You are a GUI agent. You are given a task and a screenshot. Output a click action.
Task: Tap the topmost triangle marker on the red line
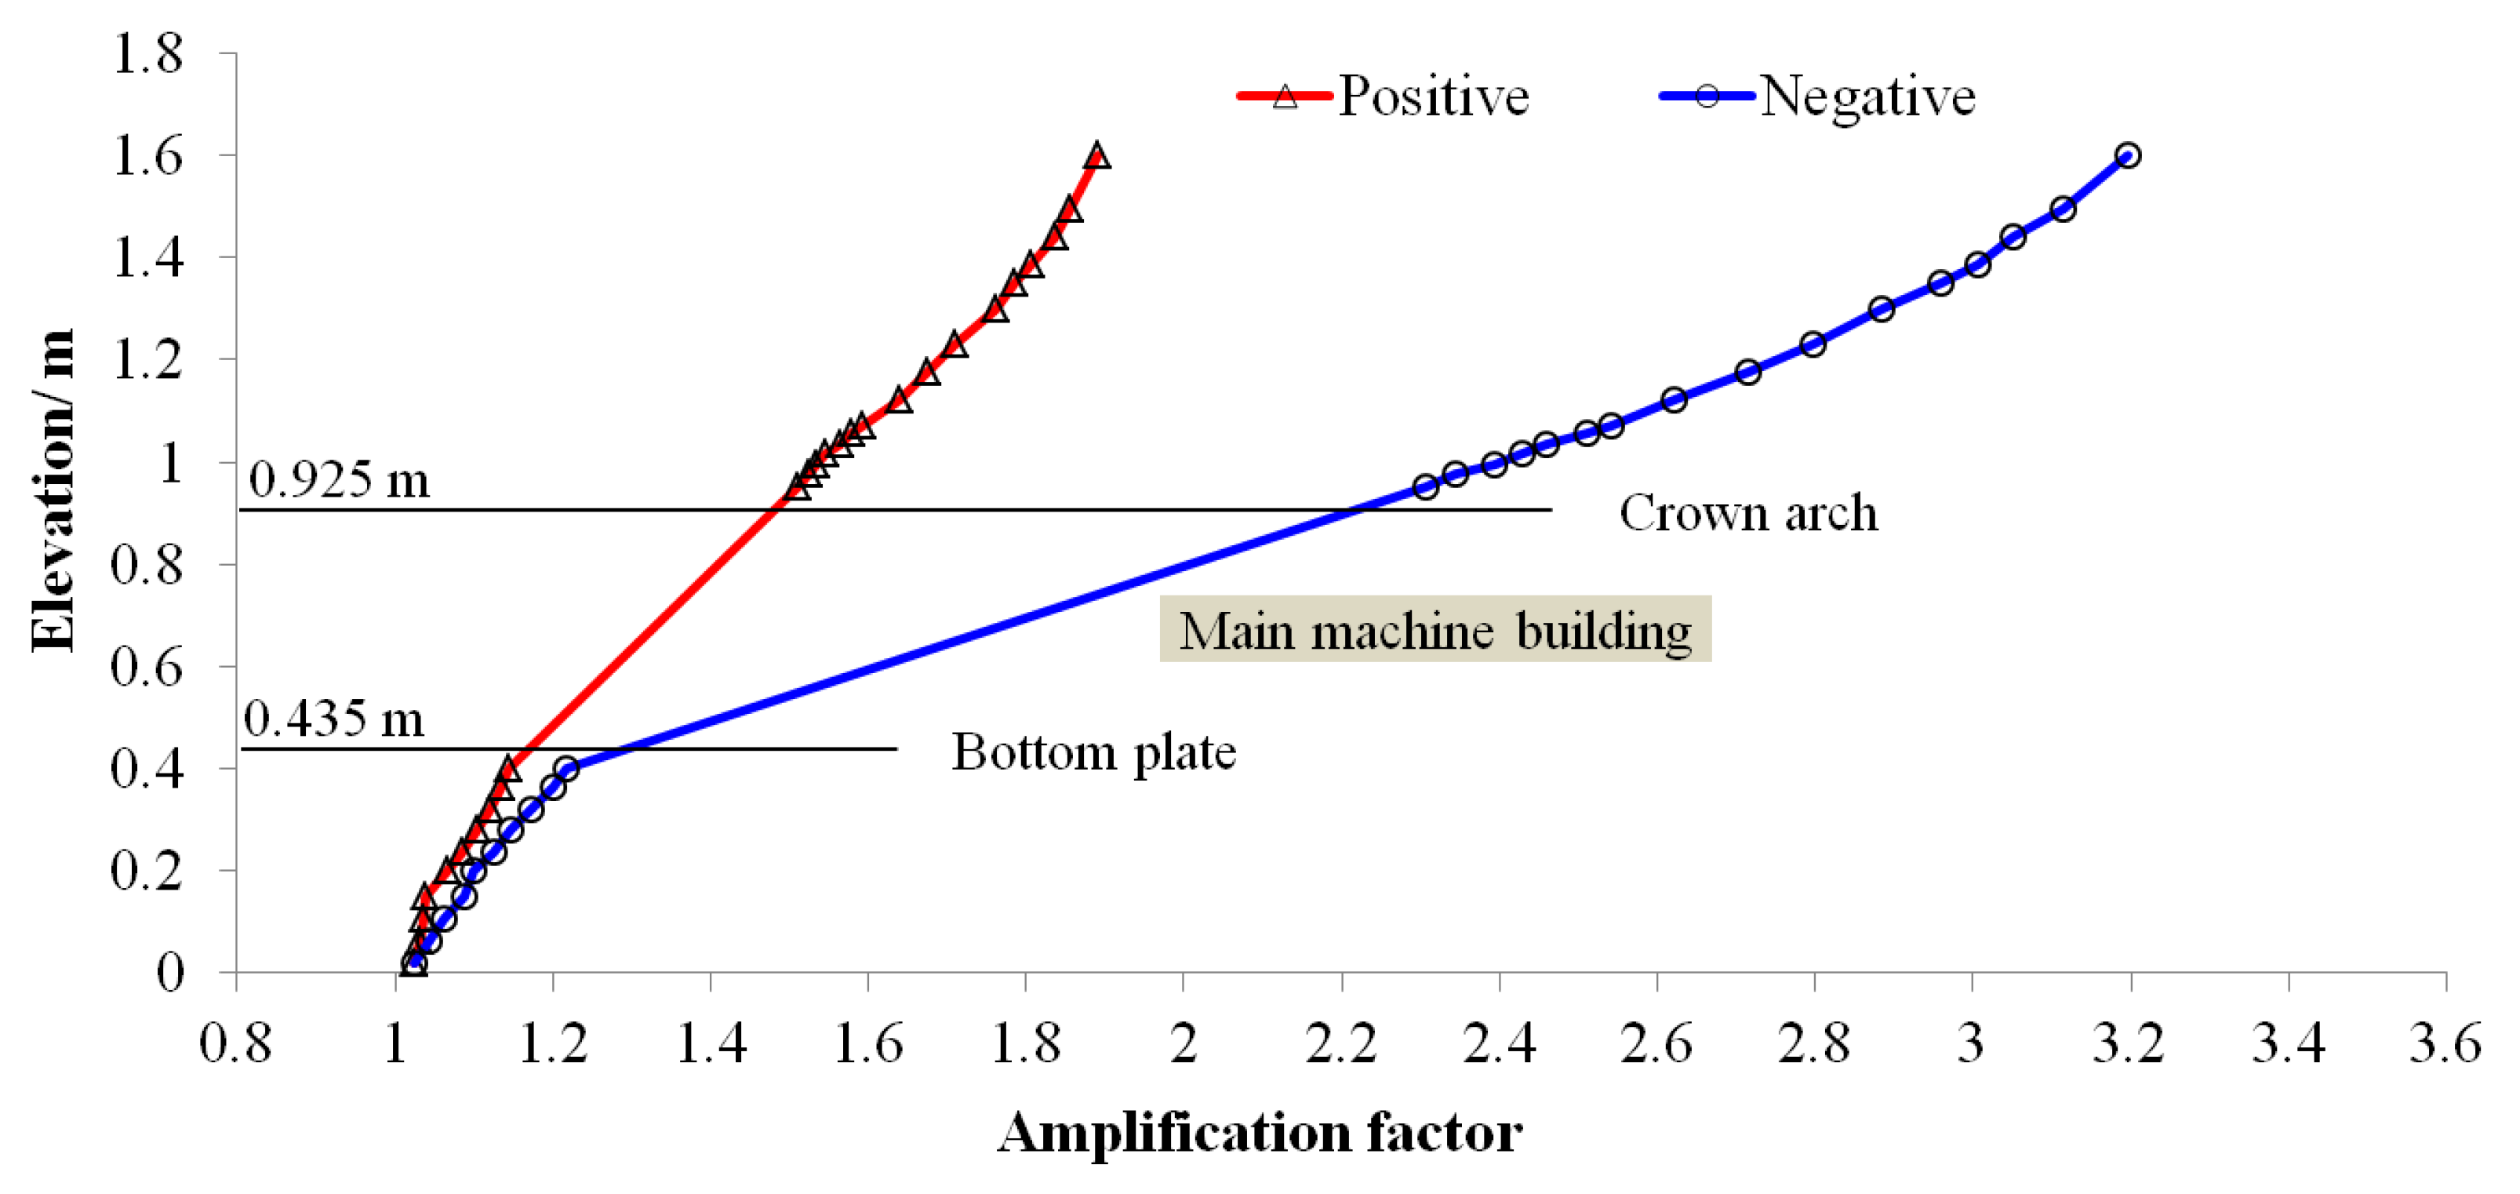[1097, 155]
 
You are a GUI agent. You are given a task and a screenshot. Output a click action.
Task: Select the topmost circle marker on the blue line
[2127, 155]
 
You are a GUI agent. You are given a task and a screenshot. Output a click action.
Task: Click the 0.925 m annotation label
[339, 479]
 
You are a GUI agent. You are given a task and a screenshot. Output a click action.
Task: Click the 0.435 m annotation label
[333, 719]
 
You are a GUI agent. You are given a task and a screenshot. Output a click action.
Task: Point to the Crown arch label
[1748, 513]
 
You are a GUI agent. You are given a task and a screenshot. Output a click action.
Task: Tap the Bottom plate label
[1093, 752]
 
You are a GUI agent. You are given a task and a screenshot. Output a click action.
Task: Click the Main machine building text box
[1435, 629]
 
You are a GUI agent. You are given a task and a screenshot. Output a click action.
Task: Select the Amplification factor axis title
[1260, 1134]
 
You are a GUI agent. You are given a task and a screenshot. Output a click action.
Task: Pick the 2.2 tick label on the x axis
[1341, 1043]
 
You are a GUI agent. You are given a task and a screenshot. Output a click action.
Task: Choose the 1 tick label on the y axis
[170, 462]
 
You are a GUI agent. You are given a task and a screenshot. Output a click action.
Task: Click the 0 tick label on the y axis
[170, 973]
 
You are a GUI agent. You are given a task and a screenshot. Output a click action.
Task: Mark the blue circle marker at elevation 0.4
[565, 768]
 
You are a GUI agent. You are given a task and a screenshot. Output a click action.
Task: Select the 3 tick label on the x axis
[1970, 1043]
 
